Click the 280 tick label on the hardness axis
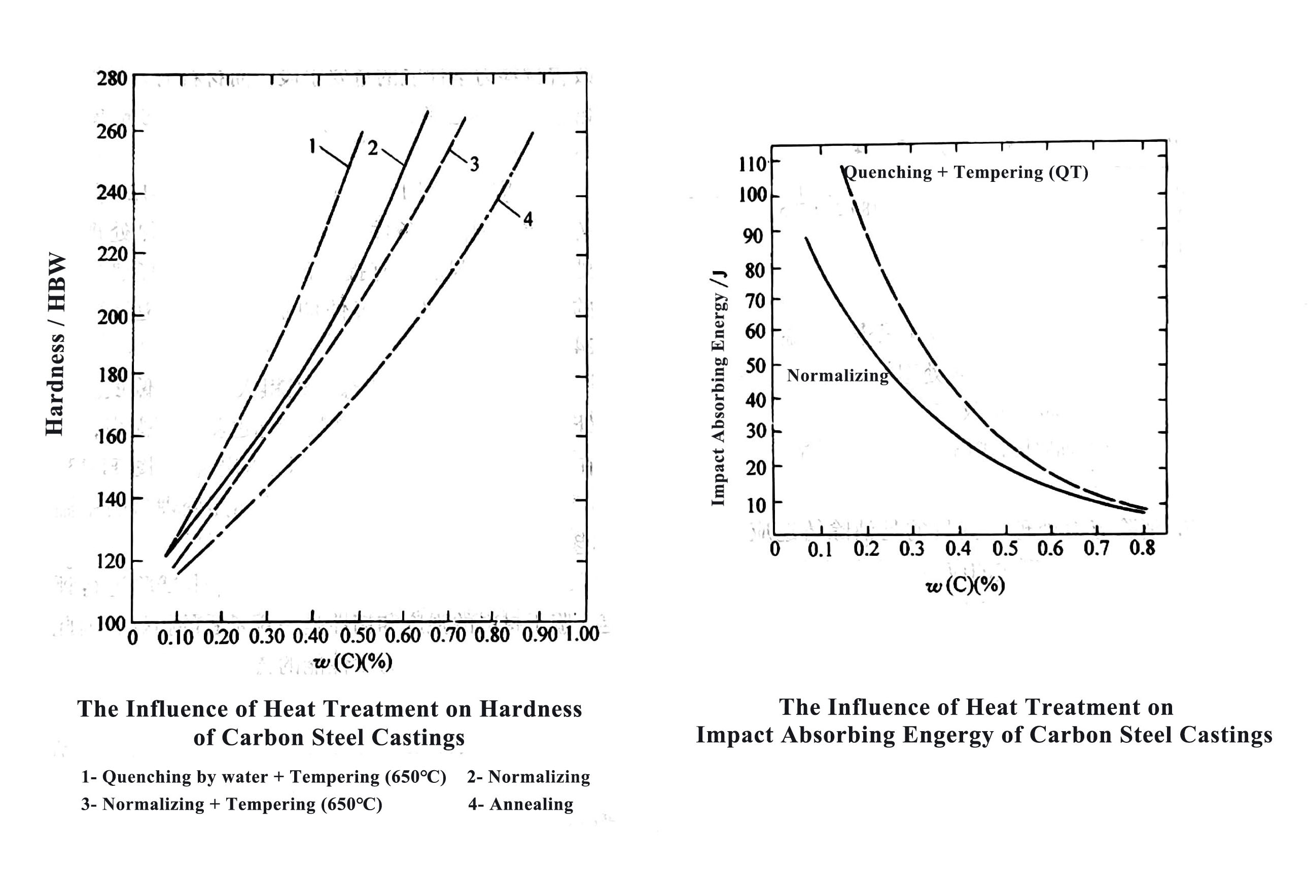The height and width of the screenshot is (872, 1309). coord(112,79)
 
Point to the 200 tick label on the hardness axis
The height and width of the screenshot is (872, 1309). coord(112,317)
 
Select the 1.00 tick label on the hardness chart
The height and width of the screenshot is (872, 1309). coord(582,633)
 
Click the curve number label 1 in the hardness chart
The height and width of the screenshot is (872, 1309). coord(313,146)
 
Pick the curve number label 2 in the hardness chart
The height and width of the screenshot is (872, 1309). coord(372,148)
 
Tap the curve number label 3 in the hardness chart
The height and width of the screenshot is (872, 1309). coord(474,164)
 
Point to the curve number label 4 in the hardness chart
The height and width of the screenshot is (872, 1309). coord(527,219)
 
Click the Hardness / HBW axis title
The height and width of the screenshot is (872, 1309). coord(56,344)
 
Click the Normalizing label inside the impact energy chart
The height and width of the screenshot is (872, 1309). coord(838,376)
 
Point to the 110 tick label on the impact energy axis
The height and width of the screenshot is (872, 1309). coord(753,165)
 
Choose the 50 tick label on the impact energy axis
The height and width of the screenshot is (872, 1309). coord(755,366)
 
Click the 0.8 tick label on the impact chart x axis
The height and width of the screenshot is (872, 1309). coord(1142,548)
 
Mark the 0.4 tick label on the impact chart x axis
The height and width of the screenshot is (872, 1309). coord(957,549)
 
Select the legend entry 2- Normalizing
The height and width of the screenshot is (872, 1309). coord(528,776)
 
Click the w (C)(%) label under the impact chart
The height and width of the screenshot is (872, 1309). coord(965,585)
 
